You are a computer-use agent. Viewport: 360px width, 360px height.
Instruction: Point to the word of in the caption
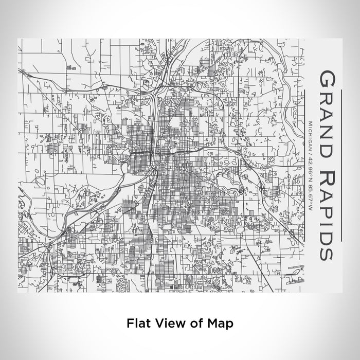point(192,323)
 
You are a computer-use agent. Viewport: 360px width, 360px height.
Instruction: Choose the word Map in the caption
point(218,323)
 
